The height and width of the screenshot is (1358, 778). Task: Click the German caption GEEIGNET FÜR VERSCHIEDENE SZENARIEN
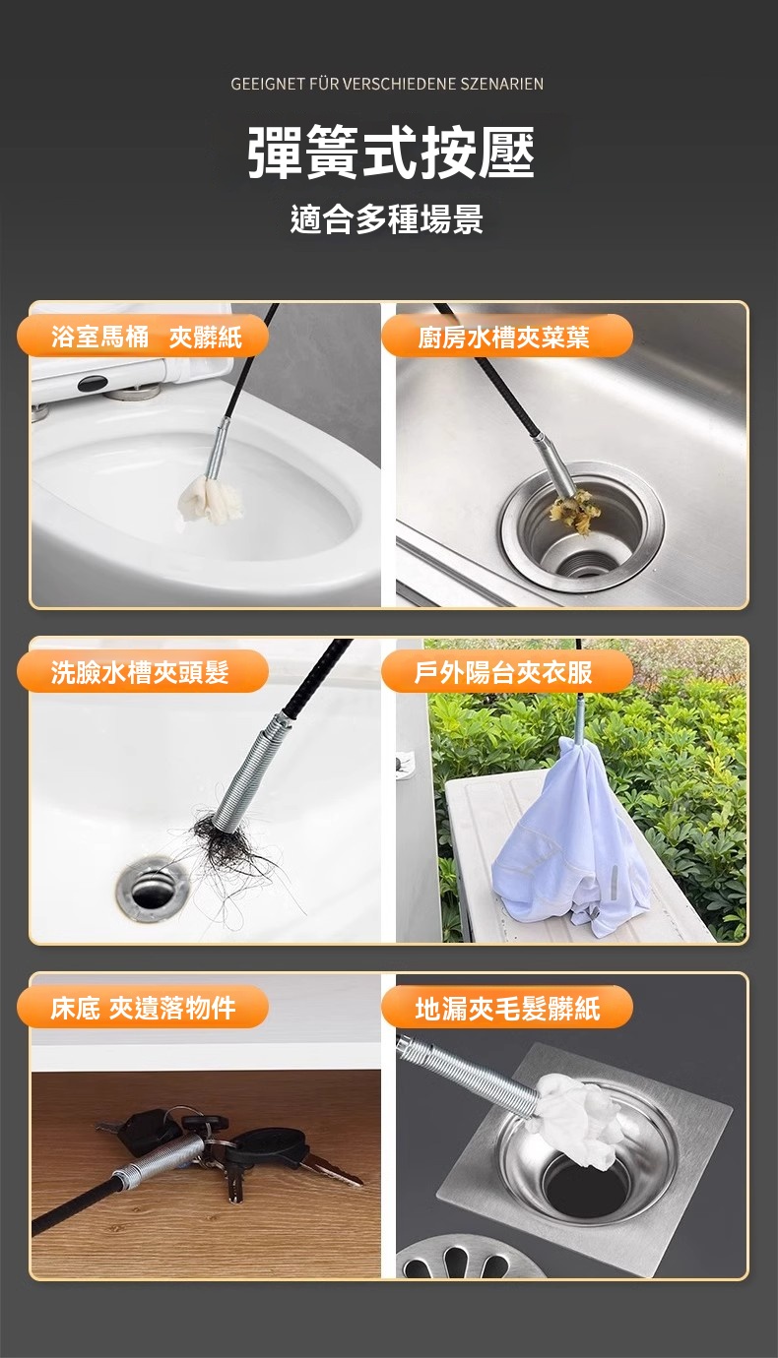click(387, 84)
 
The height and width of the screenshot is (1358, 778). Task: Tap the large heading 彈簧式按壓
click(391, 153)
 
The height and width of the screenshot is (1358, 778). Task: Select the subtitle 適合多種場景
click(387, 218)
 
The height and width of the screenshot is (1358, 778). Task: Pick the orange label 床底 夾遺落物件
click(143, 1008)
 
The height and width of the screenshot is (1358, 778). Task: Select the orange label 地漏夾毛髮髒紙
click(507, 1008)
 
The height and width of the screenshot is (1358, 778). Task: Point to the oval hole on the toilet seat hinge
click(93, 383)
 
